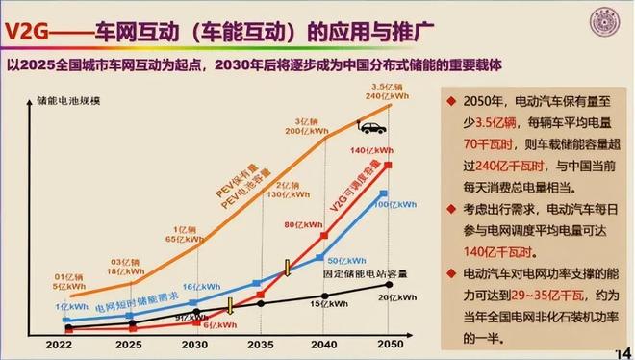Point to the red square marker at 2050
tap(389, 165)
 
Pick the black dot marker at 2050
tap(389, 284)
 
